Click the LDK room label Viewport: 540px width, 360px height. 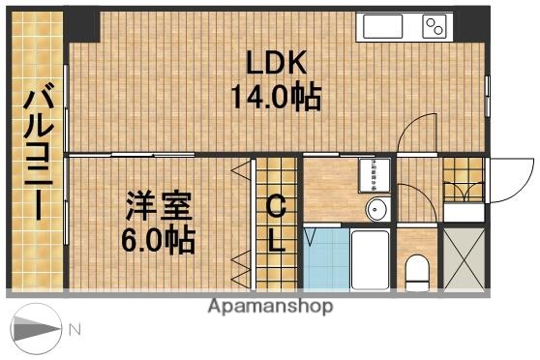pyautogui.click(x=276, y=64)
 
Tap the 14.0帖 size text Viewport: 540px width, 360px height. pyautogui.click(x=276, y=97)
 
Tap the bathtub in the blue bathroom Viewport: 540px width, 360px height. pyautogui.click(x=369, y=258)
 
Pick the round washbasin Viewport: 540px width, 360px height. pyautogui.click(x=377, y=208)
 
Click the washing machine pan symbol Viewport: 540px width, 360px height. pyautogui.click(x=375, y=175)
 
